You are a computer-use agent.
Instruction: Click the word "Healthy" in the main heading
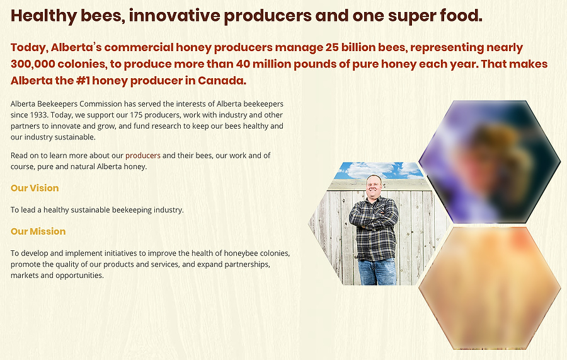pyautogui.click(x=43, y=16)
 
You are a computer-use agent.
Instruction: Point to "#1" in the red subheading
pyautogui.click(x=83, y=80)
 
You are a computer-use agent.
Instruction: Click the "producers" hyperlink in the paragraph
pyautogui.click(x=143, y=156)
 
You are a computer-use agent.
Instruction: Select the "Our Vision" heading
pyautogui.click(x=35, y=188)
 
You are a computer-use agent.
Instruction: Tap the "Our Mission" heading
pyautogui.click(x=38, y=231)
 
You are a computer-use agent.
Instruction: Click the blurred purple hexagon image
pyautogui.click(x=490, y=161)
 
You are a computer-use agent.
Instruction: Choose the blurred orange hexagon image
pyautogui.click(x=490, y=288)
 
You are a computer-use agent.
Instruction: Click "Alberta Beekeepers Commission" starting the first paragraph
pyautogui.click(x=66, y=104)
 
